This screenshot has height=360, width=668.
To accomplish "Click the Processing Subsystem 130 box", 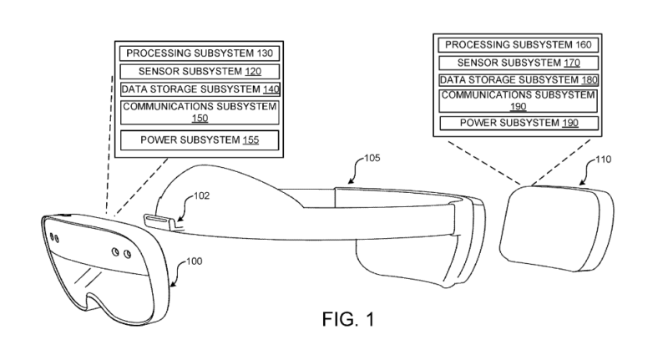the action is (200, 53).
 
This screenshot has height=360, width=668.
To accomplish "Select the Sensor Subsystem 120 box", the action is (200, 71).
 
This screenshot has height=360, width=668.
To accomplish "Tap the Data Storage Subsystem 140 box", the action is (200, 89).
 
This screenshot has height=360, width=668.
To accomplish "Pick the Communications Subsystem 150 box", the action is (200, 113).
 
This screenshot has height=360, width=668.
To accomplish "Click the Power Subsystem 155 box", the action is (200, 140).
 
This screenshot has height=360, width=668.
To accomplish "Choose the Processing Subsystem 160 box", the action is (518, 45).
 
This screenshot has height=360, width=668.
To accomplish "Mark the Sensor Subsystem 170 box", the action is (518, 63).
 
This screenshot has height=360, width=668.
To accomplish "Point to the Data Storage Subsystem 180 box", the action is (519, 80).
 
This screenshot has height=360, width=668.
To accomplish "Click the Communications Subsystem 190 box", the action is (518, 100).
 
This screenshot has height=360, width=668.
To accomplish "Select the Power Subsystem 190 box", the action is (519, 123).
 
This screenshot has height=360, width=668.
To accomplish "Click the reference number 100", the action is (195, 261).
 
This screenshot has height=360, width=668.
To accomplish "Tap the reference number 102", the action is (202, 196).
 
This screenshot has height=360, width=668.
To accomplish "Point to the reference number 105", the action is (372, 158).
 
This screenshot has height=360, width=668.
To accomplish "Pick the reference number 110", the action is (603, 160).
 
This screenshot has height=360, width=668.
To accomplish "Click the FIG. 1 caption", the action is (348, 319).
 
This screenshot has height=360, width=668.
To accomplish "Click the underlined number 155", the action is (251, 140).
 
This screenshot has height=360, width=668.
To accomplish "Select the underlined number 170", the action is (572, 63).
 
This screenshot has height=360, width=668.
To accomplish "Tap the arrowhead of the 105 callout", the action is (350, 181).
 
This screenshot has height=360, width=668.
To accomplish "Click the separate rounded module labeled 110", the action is (557, 228).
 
